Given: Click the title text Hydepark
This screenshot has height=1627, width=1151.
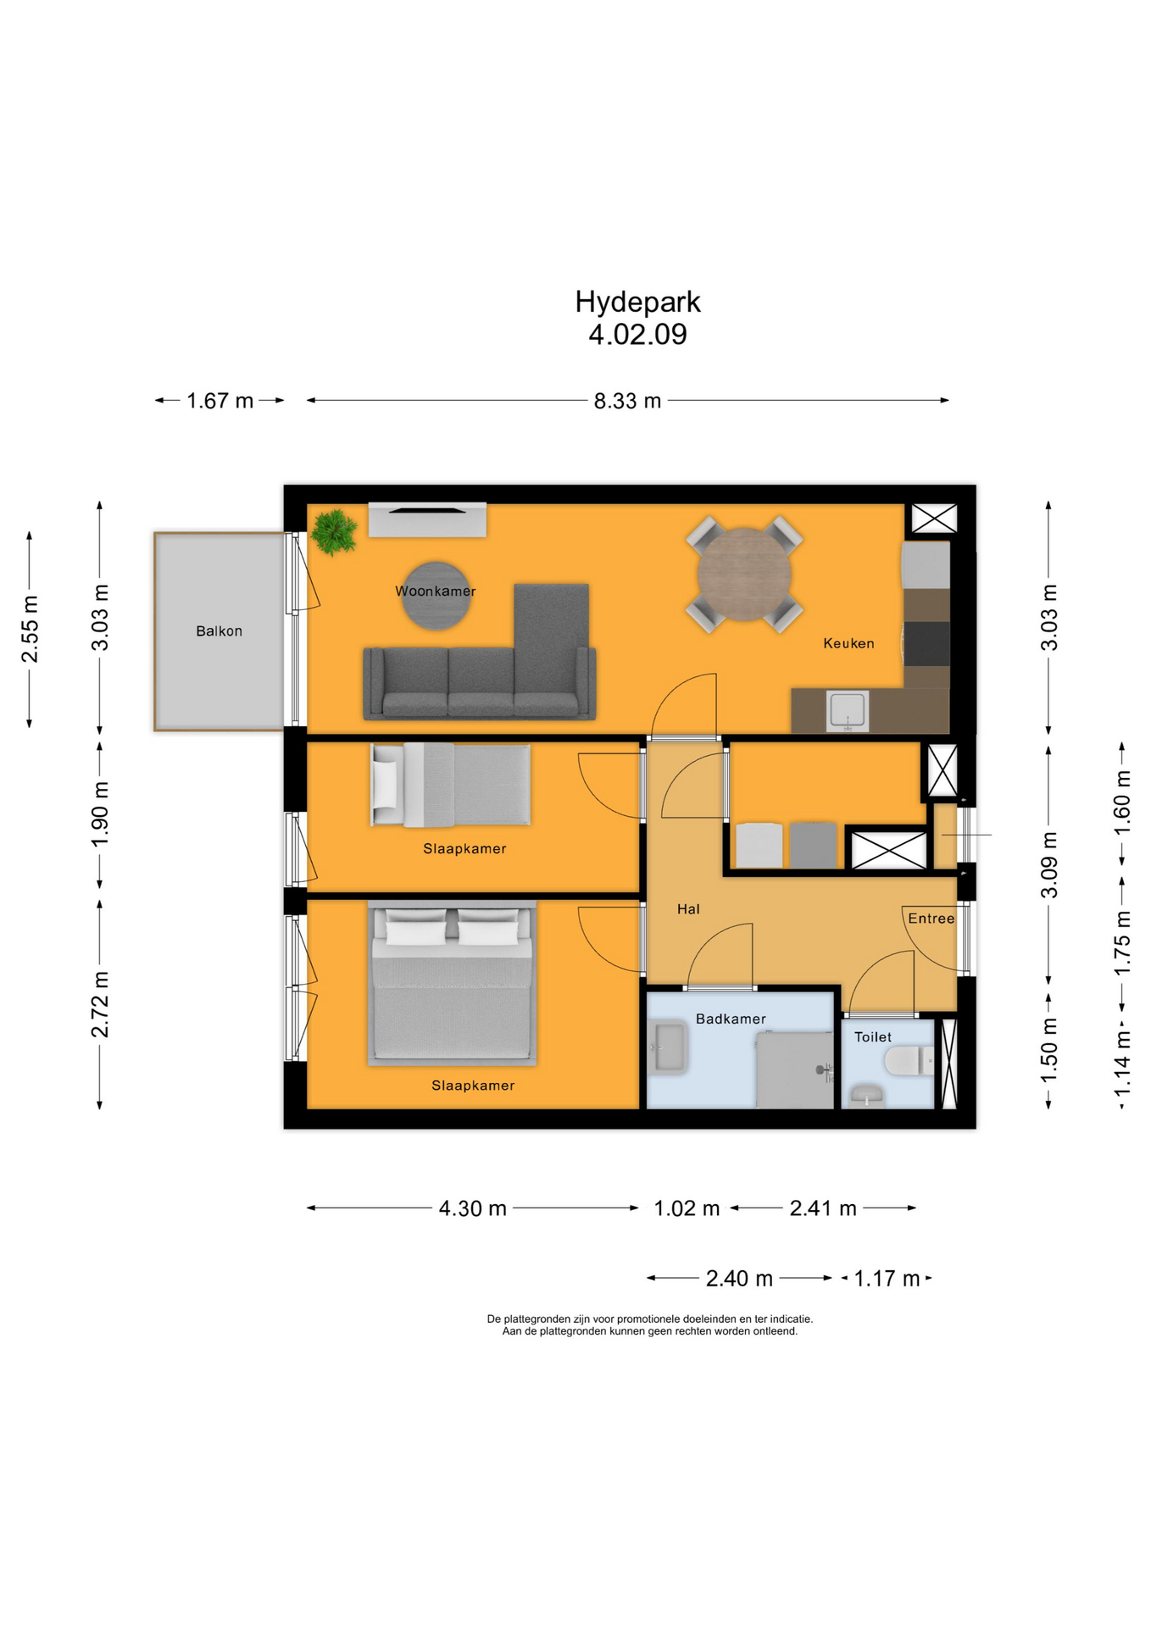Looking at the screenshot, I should [637, 302].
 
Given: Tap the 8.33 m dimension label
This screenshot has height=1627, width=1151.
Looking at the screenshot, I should [627, 401].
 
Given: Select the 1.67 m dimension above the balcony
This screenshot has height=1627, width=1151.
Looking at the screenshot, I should [220, 401].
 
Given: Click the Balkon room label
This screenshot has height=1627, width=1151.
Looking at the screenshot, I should [219, 631].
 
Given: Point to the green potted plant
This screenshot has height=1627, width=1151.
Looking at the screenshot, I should [334, 531].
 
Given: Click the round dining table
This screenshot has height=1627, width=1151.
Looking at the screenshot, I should [743, 575].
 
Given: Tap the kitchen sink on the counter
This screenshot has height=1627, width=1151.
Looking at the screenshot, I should [847, 710].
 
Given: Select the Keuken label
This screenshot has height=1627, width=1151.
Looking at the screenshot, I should [848, 643].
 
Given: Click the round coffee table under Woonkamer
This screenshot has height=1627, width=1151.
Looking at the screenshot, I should [436, 597].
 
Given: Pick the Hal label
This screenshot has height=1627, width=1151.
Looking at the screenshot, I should [688, 909].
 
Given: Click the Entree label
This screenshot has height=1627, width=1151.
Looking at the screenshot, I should [931, 919].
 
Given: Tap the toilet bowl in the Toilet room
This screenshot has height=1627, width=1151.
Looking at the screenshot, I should [905, 1061].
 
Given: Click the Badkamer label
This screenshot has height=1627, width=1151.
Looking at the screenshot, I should [731, 1019].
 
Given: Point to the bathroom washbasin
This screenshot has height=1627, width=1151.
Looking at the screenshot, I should [668, 1048].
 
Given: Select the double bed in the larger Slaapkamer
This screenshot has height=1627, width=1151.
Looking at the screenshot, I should [452, 983].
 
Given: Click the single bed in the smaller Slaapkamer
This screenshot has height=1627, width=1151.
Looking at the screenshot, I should [451, 785].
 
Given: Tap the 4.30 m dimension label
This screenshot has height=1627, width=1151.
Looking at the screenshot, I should [472, 1208].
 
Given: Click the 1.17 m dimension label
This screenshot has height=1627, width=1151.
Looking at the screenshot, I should [887, 1278].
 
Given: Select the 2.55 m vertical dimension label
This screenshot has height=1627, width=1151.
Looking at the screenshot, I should [30, 630].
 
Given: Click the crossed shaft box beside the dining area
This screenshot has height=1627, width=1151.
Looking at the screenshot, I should [933, 518].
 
